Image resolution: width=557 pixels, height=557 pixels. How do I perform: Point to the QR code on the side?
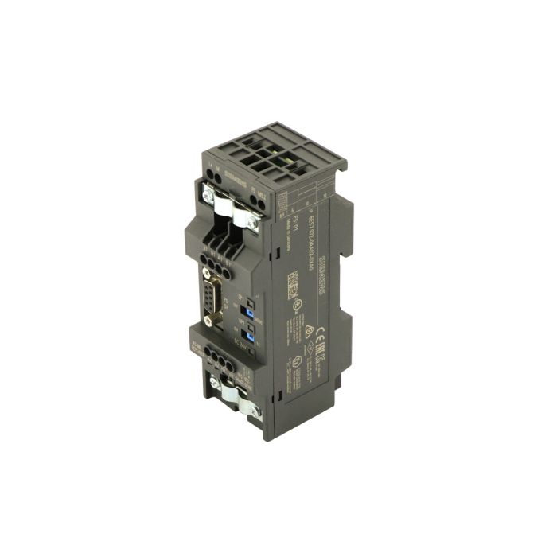[x=292, y=281]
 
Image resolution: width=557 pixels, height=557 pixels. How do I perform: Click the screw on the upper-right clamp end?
[x=252, y=226]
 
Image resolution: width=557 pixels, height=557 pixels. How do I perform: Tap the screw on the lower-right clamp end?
[x=256, y=411]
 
